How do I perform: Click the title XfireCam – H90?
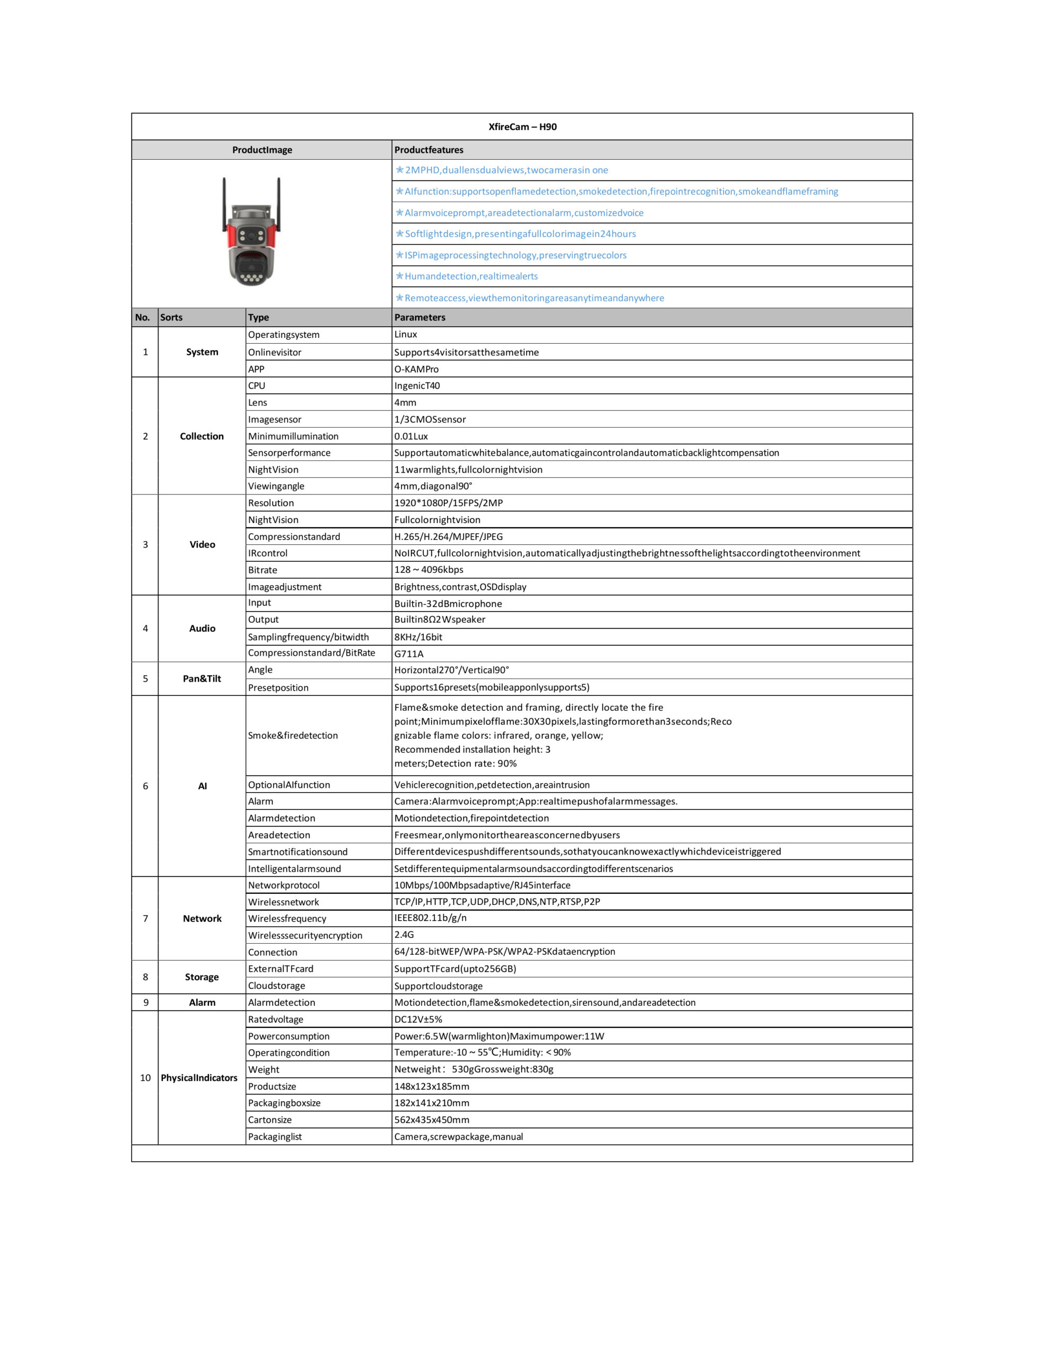coord(522,127)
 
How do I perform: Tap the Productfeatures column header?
coord(429,150)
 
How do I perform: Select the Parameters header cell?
coord(419,317)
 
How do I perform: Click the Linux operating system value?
coord(405,335)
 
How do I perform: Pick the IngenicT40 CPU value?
coord(417,386)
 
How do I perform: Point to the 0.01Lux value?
coord(410,437)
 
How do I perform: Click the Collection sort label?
coord(202,437)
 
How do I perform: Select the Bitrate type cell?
coord(263,570)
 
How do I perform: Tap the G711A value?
coord(408,654)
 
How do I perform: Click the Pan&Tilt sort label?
coord(202,678)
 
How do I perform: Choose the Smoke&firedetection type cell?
coord(293,736)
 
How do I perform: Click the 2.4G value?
coord(404,935)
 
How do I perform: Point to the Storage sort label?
coord(202,977)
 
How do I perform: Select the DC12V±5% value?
coord(418,1019)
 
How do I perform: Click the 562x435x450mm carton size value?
coord(432,1120)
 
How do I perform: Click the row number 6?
coord(145,786)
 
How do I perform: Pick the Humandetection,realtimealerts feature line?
coord(471,276)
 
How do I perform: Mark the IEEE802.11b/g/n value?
coord(430,918)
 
